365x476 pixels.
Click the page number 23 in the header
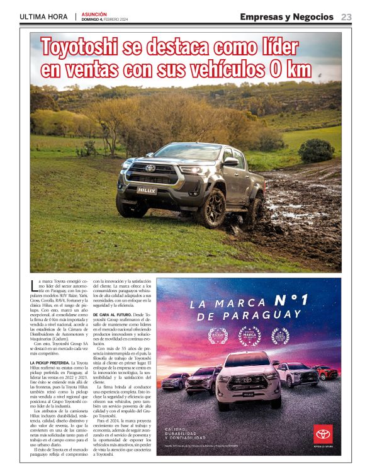coord(346,17)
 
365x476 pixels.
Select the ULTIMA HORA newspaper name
coord(44,17)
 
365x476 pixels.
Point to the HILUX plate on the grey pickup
coord(146,190)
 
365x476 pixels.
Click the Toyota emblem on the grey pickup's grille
coord(150,168)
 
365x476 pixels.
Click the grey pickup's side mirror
coord(230,162)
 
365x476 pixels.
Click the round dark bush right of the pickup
coord(316,150)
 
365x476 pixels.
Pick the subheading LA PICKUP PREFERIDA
coord(49,363)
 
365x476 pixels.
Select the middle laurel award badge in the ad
coord(249,336)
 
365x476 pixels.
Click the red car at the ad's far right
coord(325,372)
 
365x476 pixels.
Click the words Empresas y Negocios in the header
coord(286,17)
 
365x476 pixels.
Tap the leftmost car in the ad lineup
coord(175,380)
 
